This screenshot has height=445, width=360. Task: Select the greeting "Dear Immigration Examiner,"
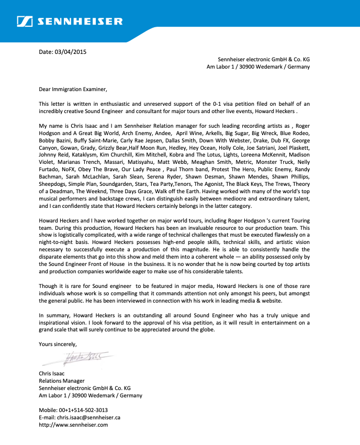point(73,89)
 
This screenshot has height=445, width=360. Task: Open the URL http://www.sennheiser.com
point(73,425)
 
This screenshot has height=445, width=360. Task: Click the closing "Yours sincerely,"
point(58,344)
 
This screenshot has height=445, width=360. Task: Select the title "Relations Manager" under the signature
point(62,381)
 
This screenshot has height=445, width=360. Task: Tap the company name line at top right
point(264,60)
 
